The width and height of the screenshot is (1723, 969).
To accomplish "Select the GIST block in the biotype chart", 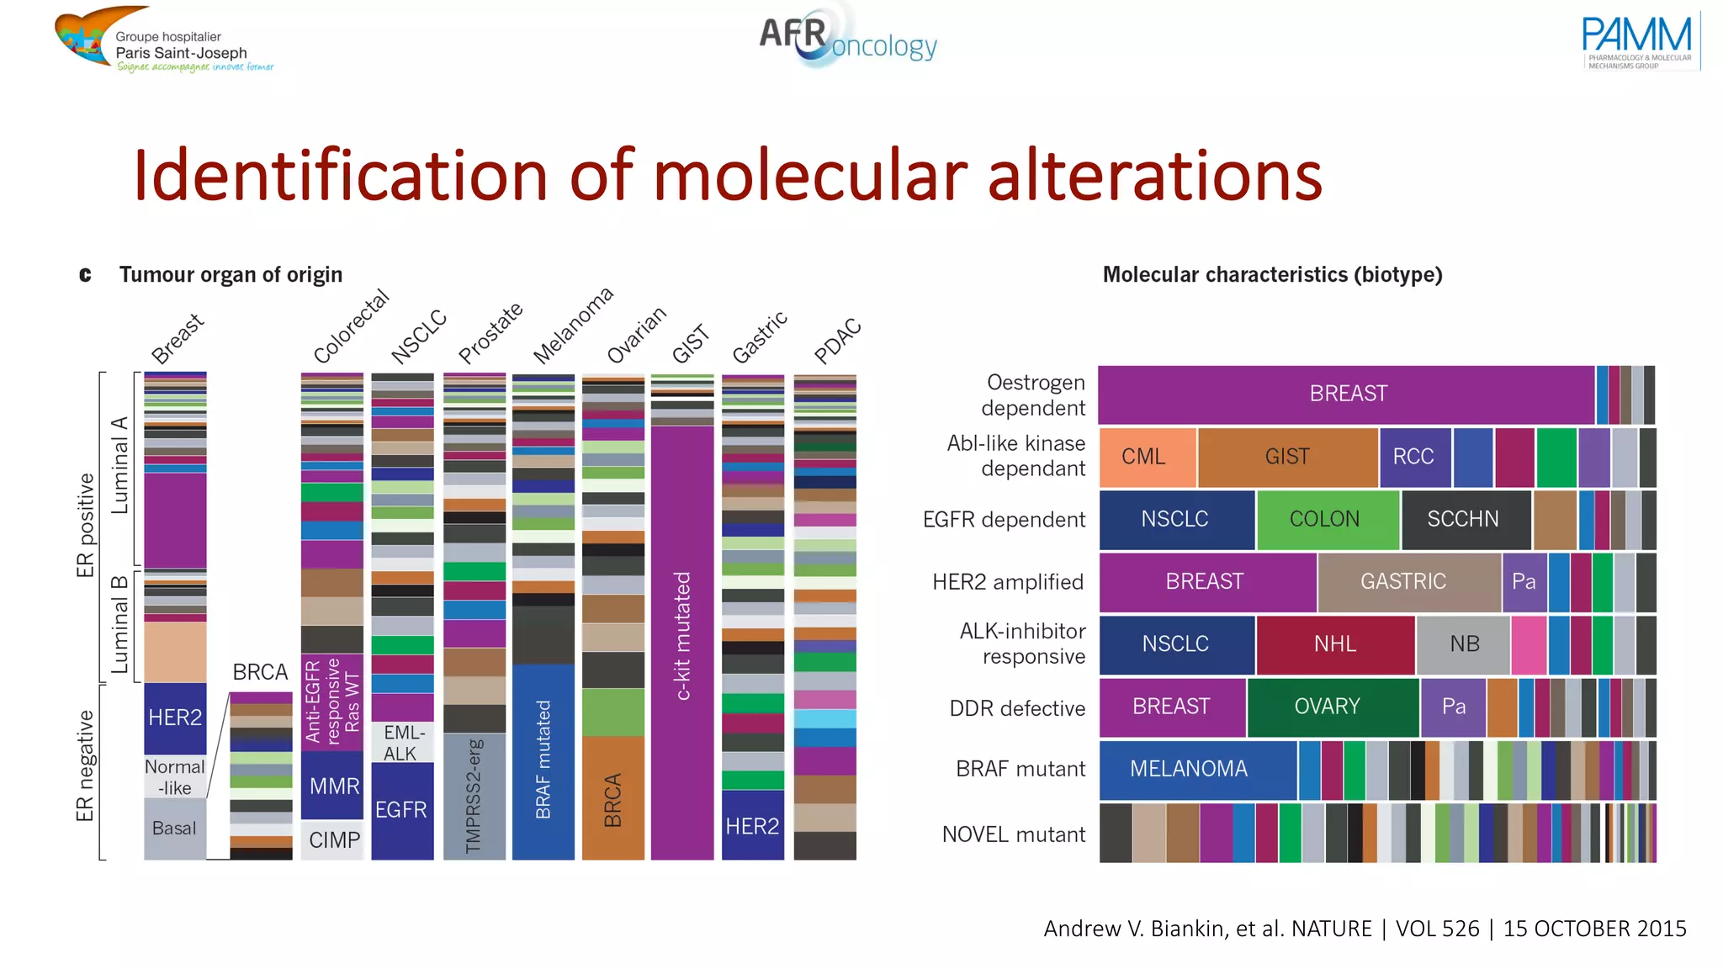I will (1287, 457).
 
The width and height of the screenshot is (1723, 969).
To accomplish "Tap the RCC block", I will (1413, 457).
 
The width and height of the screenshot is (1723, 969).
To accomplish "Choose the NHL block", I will (1335, 644).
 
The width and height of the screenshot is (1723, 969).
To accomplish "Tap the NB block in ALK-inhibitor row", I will (1463, 644).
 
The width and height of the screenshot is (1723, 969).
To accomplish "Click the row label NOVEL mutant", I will (1013, 834).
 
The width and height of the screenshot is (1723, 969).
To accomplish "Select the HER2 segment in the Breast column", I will (175, 717).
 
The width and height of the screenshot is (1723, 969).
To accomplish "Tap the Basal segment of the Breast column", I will (175, 829).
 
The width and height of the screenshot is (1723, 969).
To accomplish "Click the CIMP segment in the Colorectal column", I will (333, 840).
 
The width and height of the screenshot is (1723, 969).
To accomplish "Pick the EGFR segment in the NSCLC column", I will (402, 810).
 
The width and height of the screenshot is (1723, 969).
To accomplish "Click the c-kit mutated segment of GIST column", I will (682, 636).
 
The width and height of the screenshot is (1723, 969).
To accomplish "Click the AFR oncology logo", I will (848, 37).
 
